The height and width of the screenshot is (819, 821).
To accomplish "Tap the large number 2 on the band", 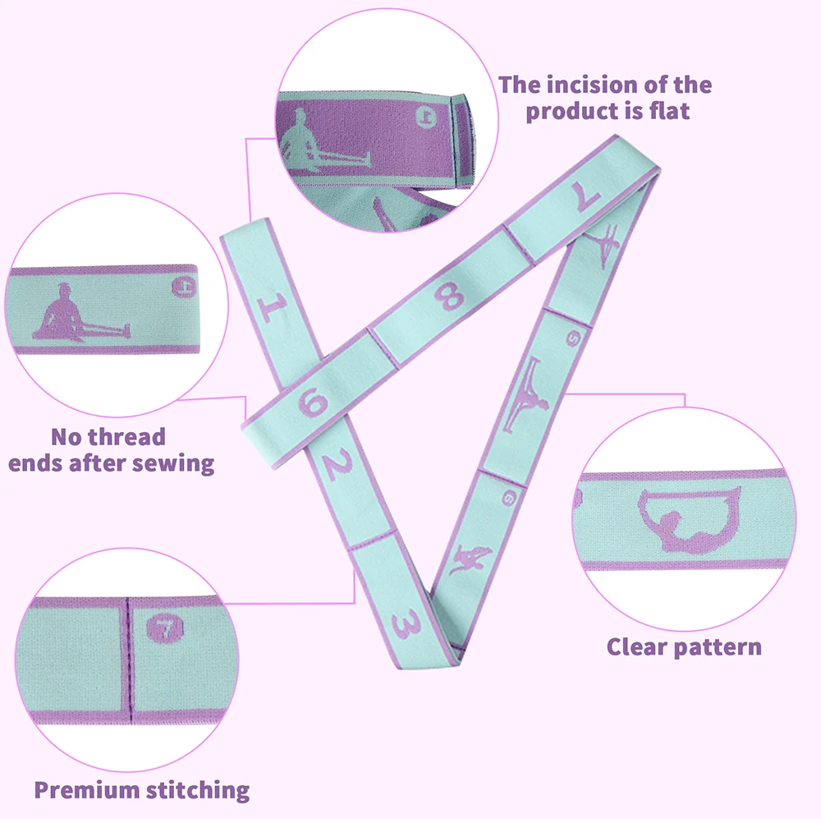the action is coord(334,466).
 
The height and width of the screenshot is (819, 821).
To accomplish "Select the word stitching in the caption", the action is coord(197,790).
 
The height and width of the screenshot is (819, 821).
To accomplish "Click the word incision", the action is coord(594,85).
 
